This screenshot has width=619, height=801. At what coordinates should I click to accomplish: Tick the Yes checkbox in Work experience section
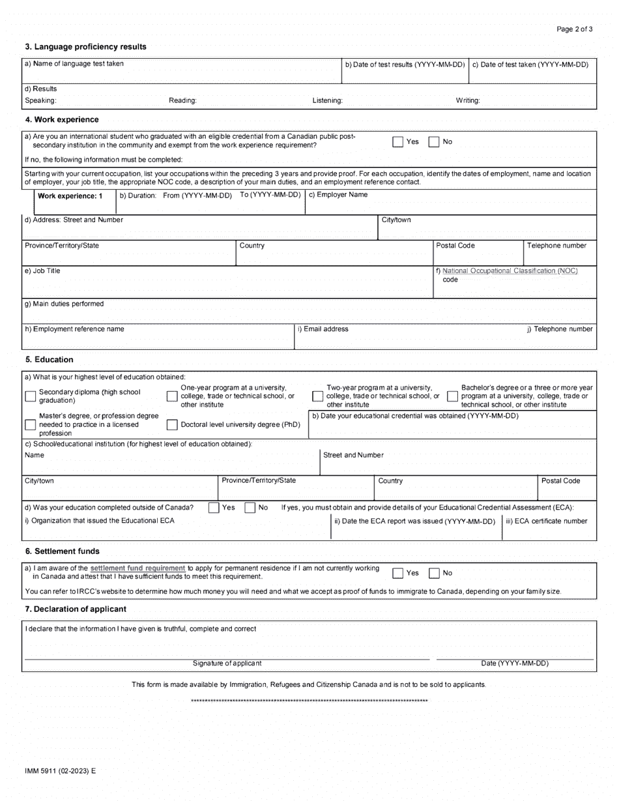[397, 142]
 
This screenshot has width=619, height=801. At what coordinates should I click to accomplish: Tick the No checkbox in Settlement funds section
[434, 573]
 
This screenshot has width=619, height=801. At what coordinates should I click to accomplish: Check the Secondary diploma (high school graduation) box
[30, 396]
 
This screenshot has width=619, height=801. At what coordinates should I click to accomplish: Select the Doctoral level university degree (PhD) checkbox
[172, 425]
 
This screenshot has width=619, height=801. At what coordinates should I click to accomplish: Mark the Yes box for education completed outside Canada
[214, 508]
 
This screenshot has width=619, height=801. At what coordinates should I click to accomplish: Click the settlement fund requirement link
[137, 568]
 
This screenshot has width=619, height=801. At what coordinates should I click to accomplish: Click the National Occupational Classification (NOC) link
[510, 270]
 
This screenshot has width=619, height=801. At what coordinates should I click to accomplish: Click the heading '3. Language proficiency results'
[85, 47]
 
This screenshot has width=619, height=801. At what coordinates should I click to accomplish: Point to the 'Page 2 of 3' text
[575, 29]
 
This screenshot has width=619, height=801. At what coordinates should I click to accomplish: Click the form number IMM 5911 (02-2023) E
[60, 770]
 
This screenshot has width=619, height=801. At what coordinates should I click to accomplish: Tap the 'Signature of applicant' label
[227, 663]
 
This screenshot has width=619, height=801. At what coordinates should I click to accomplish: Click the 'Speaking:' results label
[40, 100]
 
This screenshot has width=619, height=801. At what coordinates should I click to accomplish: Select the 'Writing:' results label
[468, 100]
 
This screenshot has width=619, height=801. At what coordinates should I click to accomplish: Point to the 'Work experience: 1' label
[70, 196]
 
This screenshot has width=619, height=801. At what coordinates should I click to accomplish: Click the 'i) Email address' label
[323, 329]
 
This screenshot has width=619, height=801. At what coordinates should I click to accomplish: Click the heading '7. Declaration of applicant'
[76, 609]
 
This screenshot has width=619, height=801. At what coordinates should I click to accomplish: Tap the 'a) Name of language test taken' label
[74, 64]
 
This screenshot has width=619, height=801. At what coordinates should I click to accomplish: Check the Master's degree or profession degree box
[30, 425]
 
